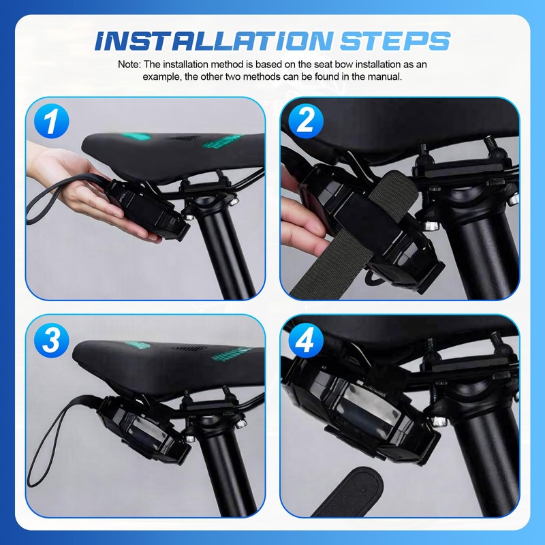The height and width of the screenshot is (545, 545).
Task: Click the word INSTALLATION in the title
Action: (213, 41)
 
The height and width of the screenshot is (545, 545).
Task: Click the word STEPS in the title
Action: (394, 41)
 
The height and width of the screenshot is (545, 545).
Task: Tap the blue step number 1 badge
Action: (52, 121)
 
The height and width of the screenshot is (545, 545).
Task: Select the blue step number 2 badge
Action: (306, 121)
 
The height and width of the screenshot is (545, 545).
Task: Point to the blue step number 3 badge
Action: (52, 340)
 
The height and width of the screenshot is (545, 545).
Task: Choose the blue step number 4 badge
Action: (306, 340)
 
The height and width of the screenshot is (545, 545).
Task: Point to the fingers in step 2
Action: (302, 223)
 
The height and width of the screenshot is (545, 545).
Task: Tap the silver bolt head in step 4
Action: (439, 422)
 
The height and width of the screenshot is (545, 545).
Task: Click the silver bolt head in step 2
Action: (431, 225)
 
